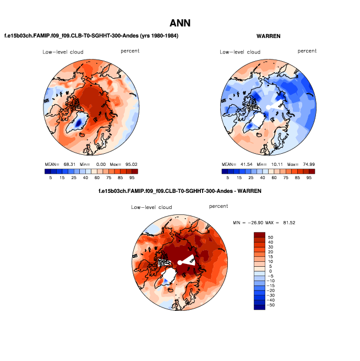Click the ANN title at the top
click(x=180, y=23)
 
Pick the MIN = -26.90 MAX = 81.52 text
click(x=268, y=223)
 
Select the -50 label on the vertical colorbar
click(x=272, y=304)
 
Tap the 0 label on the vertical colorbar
click(x=270, y=271)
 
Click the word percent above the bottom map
click(x=219, y=206)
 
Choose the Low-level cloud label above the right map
click(x=240, y=52)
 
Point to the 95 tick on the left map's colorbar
click(x=132, y=178)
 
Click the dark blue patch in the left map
click(x=80, y=120)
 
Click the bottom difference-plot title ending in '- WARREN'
click(x=179, y=191)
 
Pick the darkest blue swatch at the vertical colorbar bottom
click(x=259, y=307)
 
